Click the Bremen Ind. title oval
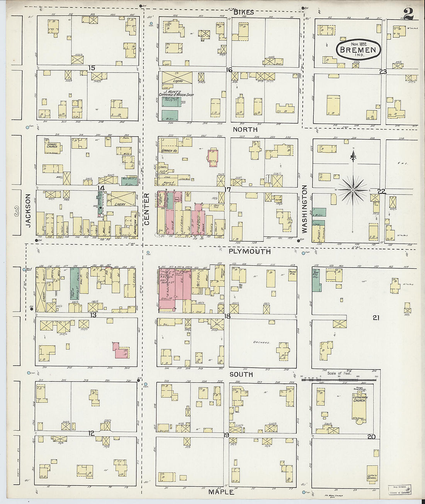[x=359, y=49]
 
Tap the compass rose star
[x=353, y=190]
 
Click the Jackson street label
[x=28, y=210]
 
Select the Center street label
[x=146, y=209]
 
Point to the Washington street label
[x=304, y=209]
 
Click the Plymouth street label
[x=249, y=251]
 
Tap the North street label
[x=245, y=129]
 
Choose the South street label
[x=241, y=374]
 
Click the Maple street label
[x=221, y=492]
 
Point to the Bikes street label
[x=243, y=12]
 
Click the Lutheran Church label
[x=360, y=399]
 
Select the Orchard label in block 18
[x=261, y=343]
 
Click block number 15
[x=91, y=68]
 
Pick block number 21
[x=376, y=317]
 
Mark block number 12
[x=91, y=433]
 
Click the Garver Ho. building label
[x=169, y=151]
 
